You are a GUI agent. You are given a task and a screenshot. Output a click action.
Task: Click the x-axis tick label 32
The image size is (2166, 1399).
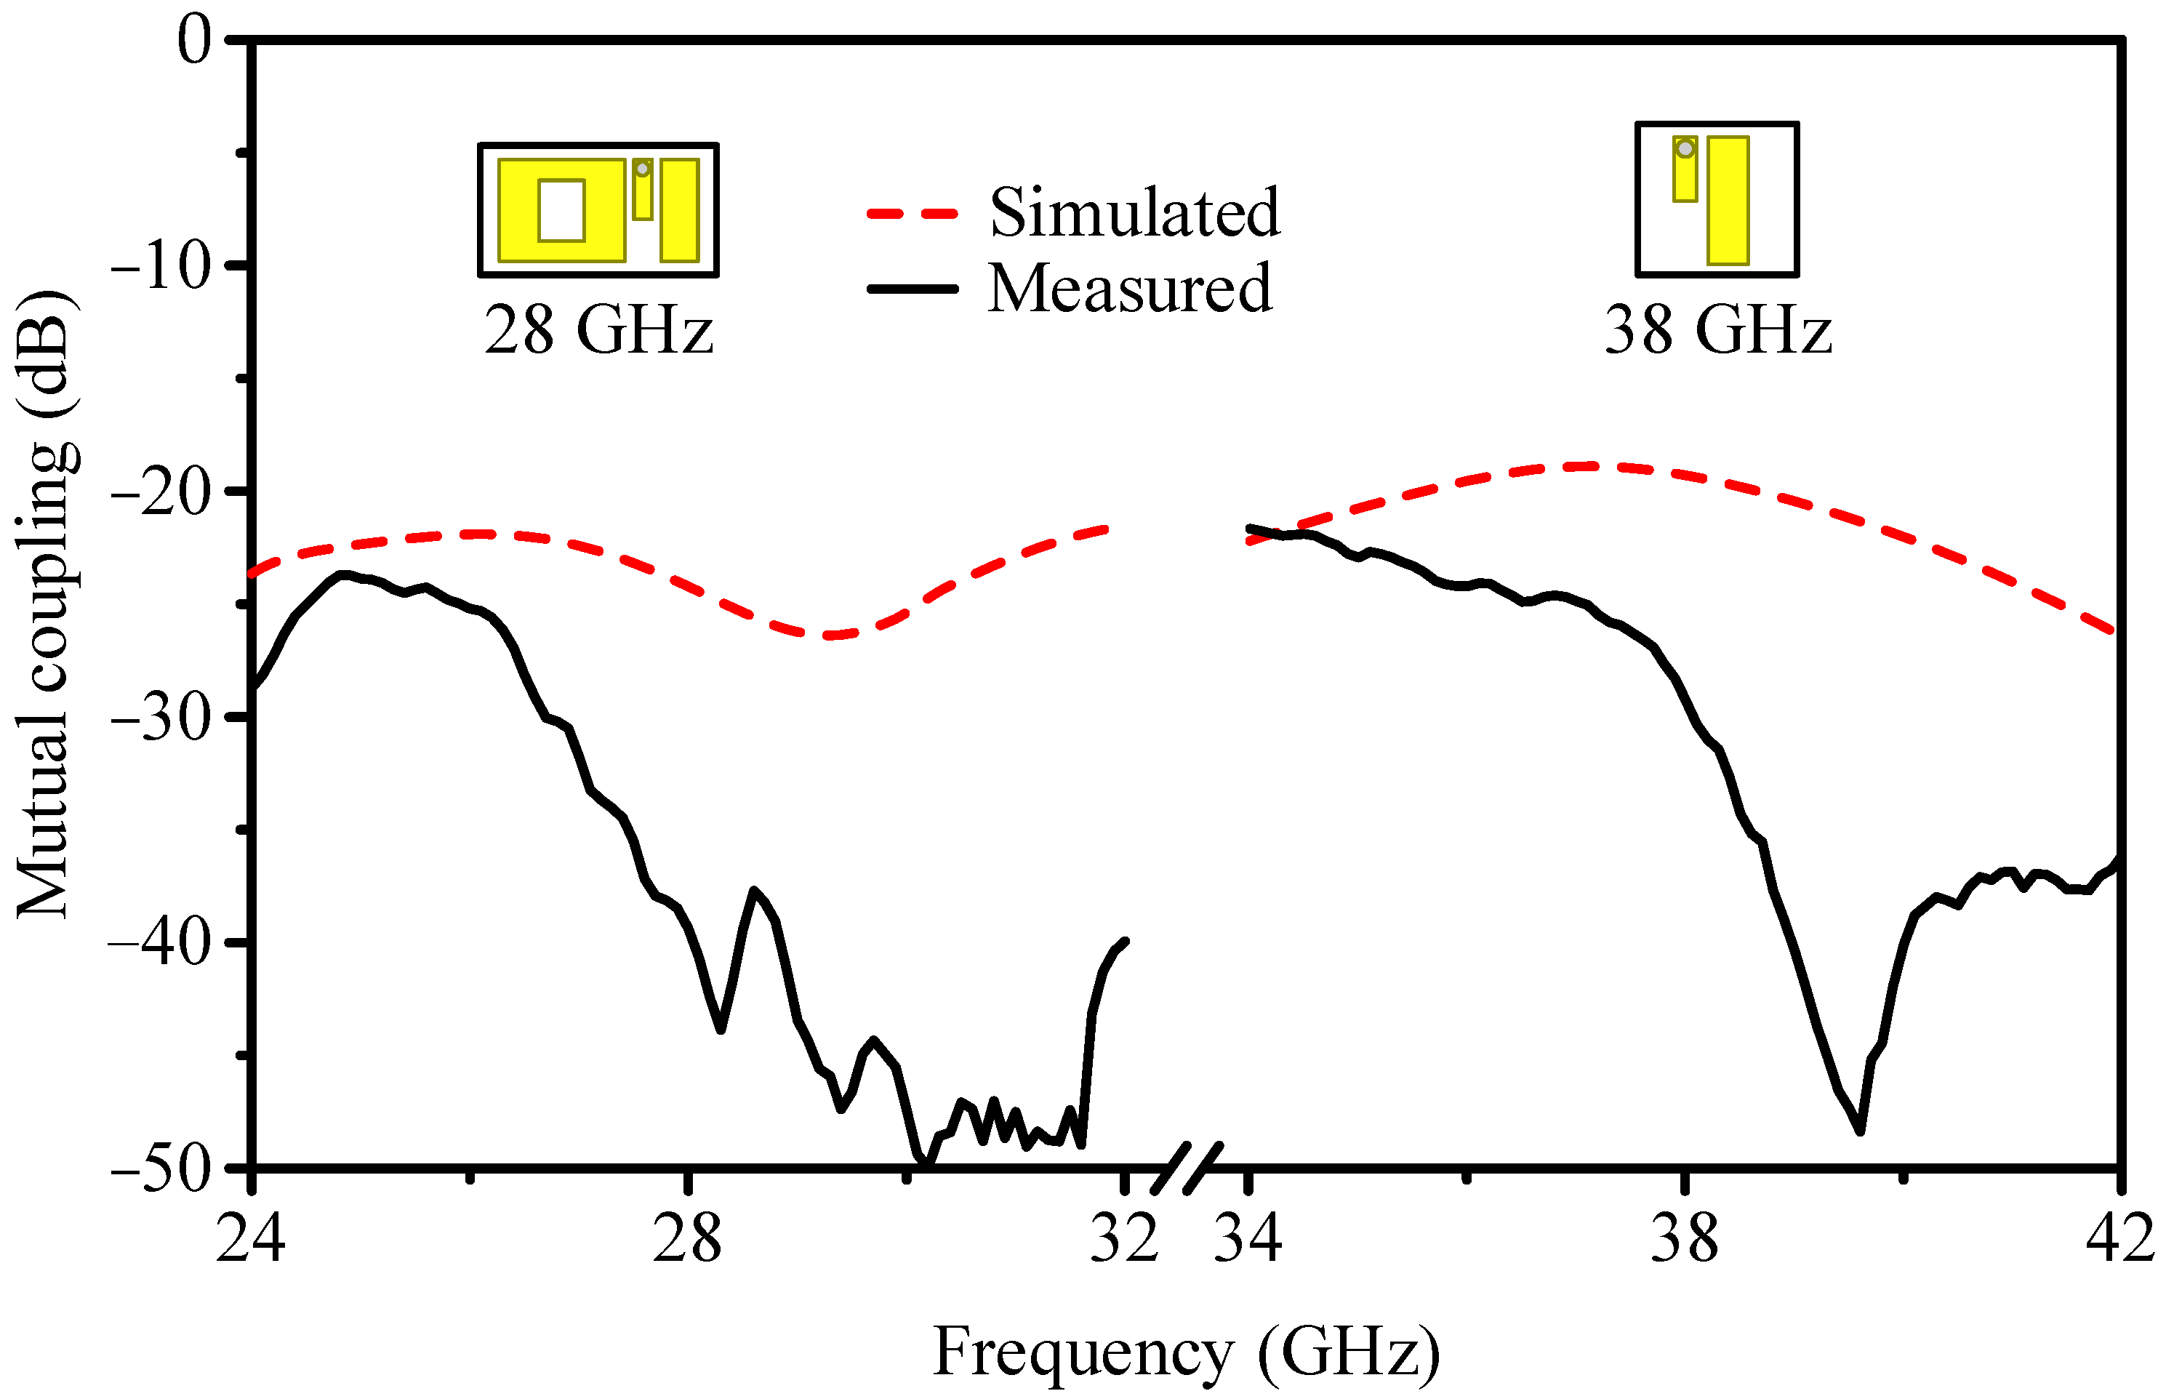point(1123,1238)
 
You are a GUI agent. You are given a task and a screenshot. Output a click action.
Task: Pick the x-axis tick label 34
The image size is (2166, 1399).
point(1248,1238)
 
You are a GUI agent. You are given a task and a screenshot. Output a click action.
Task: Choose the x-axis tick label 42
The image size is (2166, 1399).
point(2119,1238)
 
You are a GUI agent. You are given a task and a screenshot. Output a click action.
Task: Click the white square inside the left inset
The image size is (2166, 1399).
point(561,211)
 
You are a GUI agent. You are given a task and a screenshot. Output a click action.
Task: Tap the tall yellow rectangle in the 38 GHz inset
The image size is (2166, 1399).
point(1728,201)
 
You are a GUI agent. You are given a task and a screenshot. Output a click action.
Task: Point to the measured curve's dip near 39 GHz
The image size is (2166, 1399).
point(1860,1130)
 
